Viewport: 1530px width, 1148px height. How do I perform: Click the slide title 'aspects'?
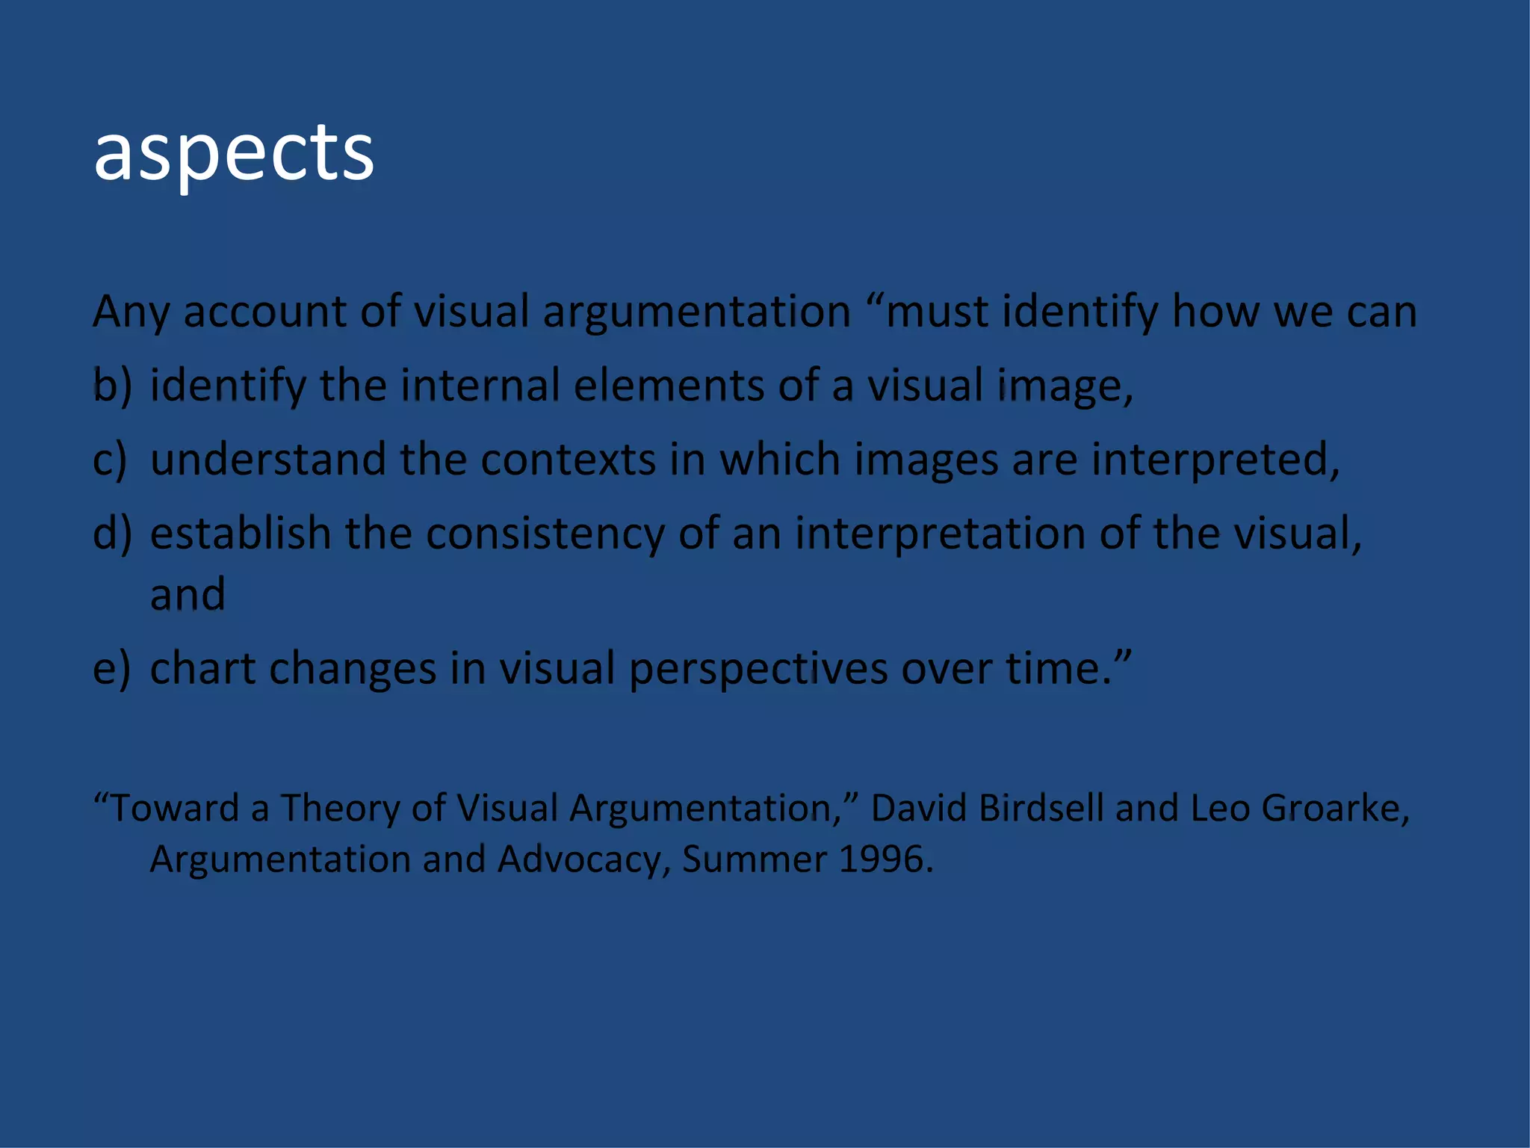pyautogui.click(x=234, y=153)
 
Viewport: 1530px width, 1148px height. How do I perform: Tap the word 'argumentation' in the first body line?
pyautogui.click(x=696, y=312)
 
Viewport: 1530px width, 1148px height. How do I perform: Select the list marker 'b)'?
pyautogui.click(x=112, y=386)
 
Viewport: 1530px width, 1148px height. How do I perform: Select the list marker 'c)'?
pyautogui.click(x=110, y=460)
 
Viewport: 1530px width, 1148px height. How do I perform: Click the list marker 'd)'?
pyautogui.click(x=112, y=534)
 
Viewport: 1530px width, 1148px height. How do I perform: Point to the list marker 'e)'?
pyautogui.click(x=111, y=668)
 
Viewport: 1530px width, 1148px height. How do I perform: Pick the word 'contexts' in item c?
pyautogui.click(x=569, y=460)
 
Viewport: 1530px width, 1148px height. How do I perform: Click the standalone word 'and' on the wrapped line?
pyautogui.click(x=188, y=595)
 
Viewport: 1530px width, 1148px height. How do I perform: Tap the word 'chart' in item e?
pyautogui.click(x=202, y=668)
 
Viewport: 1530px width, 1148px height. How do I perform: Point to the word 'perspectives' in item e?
pyautogui.click(x=758, y=668)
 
